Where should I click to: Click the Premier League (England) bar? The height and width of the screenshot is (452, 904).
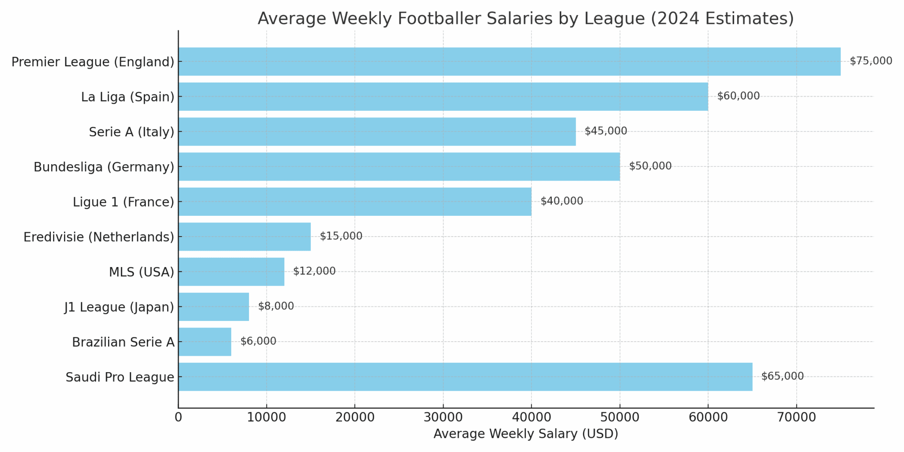[509, 61]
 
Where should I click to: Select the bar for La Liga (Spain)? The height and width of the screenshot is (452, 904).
[443, 96]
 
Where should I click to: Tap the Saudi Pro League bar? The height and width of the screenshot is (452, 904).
[465, 377]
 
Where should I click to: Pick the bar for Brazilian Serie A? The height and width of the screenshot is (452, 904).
[205, 342]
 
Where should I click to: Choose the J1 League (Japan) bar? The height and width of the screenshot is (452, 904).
[214, 307]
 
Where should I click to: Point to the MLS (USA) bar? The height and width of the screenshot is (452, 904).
[231, 271]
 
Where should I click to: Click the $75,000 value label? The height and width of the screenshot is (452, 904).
[870, 61]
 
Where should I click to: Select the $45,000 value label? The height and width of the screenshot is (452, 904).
[606, 131]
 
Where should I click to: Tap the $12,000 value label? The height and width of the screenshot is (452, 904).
[314, 271]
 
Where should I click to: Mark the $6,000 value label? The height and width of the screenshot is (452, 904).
[258, 341]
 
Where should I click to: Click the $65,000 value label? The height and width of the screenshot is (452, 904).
[782, 376]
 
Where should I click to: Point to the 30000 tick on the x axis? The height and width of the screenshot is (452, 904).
[443, 417]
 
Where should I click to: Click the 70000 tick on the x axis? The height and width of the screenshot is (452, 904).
[796, 417]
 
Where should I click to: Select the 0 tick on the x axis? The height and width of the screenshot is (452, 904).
[178, 417]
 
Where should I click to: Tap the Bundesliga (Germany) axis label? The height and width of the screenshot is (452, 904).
[104, 167]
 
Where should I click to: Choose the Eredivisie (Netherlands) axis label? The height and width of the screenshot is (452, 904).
[99, 237]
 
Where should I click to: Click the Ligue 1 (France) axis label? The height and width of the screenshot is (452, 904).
[123, 202]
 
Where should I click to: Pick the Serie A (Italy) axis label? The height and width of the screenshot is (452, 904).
[132, 132]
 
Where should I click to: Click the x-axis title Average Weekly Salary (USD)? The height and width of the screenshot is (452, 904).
[526, 434]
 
